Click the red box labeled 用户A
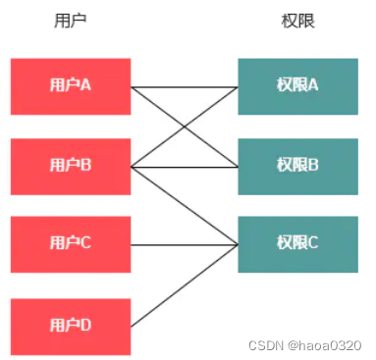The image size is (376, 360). pos(71,86)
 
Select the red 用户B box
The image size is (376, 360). pos(71,167)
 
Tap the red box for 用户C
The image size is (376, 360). pos(71,244)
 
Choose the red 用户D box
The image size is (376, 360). pos(71,325)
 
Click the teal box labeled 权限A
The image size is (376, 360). pos(297,86)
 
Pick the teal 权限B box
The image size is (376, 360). pos(297,167)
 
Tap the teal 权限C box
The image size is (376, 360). pos(297,244)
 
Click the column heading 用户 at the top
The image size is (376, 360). pos(71,21)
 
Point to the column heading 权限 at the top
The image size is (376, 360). pos(297,21)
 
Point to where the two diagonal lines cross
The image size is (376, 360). pos(185,127)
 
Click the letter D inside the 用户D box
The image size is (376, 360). pos(86,325)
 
